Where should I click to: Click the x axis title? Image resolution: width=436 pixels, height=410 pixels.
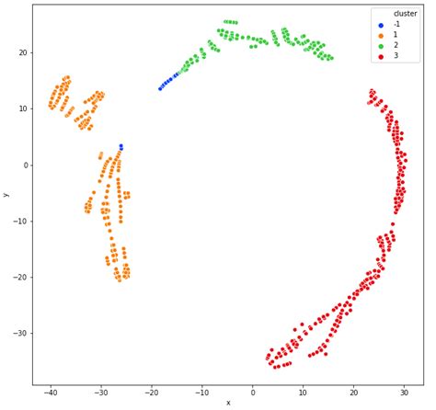point(228,403)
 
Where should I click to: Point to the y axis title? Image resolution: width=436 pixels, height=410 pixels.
point(6,194)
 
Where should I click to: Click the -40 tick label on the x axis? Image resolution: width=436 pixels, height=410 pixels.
point(50,392)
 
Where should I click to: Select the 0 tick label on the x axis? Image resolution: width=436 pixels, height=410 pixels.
point(228,392)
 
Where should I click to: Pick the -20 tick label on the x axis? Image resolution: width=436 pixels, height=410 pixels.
point(139,392)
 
